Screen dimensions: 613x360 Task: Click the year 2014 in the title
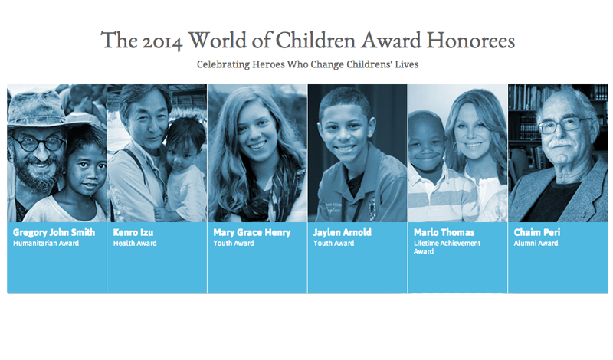[x=162, y=41]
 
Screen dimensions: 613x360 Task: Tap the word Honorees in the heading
[x=470, y=41]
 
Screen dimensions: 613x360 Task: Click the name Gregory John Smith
[x=54, y=233]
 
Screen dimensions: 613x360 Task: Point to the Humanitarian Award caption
[x=46, y=243]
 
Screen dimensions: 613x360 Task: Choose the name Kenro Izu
[x=133, y=233]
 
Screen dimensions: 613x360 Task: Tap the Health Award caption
[x=135, y=243]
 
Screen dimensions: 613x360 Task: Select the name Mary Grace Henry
[x=252, y=233]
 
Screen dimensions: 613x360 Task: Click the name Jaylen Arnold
[x=343, y=233]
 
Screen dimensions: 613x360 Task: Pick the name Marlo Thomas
[x=444, y=233]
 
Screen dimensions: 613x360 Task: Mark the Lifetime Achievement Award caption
[x=447, y=247]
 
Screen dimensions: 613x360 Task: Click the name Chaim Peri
[x=537, y=233]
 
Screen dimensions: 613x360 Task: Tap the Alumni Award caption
[x=536, y=243]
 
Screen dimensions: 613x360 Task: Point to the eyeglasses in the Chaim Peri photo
[x=564, y=126]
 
